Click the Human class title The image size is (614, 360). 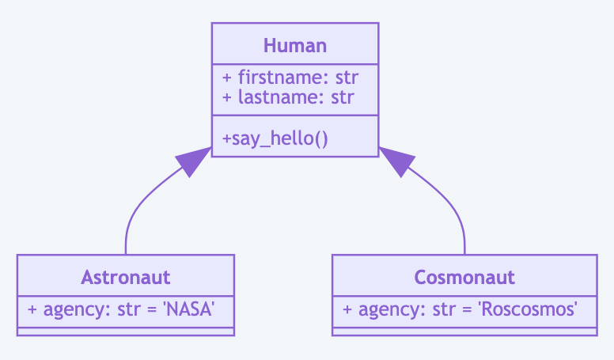click(294, 45)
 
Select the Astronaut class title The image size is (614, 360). click(125, 277)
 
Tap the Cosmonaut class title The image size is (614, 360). click(464, 277)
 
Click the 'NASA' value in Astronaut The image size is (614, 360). click(188, 309)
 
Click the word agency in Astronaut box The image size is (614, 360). click(70, 309)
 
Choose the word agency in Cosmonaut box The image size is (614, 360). click(385, 309)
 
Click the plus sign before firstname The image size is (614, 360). click(227, 78)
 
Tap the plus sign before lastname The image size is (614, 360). click(227, 98)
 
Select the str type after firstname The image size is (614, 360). click(346, 78)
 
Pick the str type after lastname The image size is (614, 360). click(342, 98)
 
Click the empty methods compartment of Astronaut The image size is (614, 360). click(125, 331)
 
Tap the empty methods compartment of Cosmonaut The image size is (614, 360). click(464, 331)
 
